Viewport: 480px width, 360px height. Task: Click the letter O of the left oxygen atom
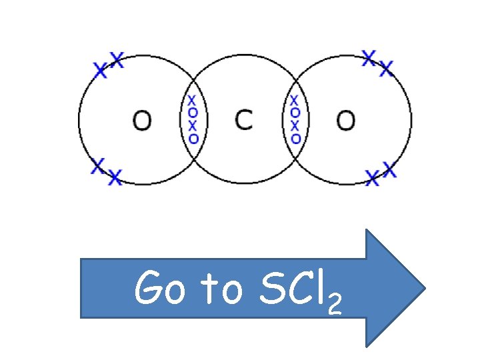pyautogui.click(x=141, y=121)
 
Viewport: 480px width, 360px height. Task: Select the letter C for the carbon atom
pyautogui.click(x=244, y=121)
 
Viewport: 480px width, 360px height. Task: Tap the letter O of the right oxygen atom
pyautogui.click(x=345, y=121)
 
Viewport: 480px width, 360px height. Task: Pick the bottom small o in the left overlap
pyautogui.click(x=193, y=139)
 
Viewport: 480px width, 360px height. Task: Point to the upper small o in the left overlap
pyautogui.click(x=193, y=113)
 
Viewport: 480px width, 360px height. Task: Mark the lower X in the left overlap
pyautogui.click(x=193, y=126)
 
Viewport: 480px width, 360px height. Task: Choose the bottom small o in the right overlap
pyautogui.click(x=295, y=139)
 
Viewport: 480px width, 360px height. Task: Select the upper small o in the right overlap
pyautogui.click(x=295, y=113)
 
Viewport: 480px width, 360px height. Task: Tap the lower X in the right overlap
pyautogui.click(x=295, y=126)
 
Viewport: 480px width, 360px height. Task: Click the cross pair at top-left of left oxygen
pyautogui.click(x=108, y=65)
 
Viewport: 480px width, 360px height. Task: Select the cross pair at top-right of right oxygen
pyautogui.click(x=377, y=63)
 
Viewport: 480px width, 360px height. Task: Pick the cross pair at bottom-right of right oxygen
pyautogui.click(x=381, y=175)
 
